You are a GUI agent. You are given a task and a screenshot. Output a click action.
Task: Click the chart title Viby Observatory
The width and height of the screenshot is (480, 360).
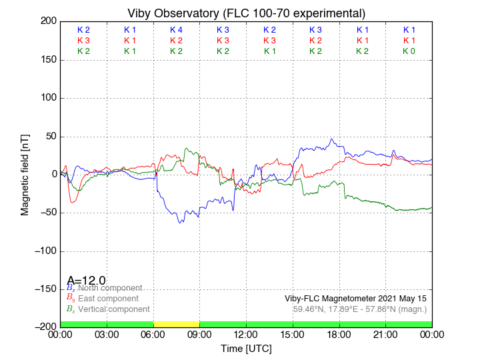tap(246, 13)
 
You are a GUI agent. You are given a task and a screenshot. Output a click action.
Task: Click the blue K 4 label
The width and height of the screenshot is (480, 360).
tap(176, 30)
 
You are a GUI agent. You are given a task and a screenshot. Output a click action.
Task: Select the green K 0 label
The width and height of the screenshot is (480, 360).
tap(409, 51)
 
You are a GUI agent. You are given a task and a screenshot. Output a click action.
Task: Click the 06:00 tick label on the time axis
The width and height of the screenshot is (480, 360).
tap(153, 335)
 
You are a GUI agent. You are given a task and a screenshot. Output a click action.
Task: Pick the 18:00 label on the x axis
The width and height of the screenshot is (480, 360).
tap(339, 335)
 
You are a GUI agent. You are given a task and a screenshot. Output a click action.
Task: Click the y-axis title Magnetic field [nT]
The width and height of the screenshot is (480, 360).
tap(25, 173)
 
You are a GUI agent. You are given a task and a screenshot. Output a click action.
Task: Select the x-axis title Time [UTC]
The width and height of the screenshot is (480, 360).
tap(246, 349)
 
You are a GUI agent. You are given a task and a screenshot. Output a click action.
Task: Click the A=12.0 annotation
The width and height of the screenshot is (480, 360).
tap(86, 281)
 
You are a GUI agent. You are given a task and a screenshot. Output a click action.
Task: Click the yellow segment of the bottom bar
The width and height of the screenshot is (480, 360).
tap(176, 324)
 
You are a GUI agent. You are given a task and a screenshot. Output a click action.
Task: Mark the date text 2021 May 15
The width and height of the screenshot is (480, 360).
tap(398, 298)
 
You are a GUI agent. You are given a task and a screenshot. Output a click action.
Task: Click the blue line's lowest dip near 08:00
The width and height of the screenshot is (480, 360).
tap(180, 222)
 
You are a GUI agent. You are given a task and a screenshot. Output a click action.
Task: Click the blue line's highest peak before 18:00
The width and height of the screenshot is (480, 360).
tap(332, 139)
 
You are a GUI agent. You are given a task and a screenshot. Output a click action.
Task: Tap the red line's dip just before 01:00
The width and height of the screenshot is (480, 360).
tap(73, 201)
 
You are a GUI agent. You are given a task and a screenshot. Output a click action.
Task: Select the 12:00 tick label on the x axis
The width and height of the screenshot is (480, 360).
tap(246, 335)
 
